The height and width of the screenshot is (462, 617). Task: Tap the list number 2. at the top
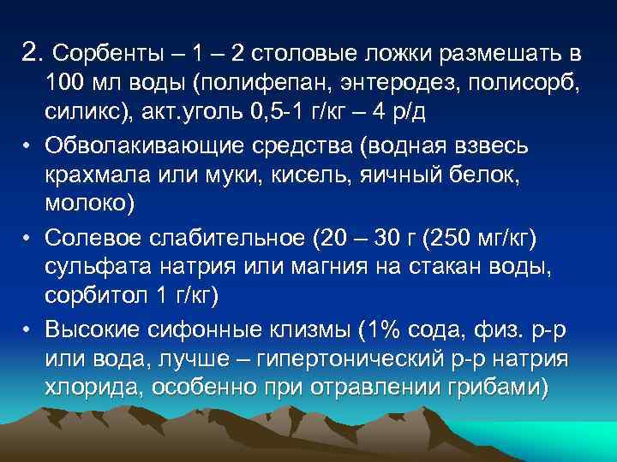(x=32, y=55)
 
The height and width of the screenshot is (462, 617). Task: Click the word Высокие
(x=93, y=329)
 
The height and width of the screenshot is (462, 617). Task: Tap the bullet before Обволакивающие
(x=27, y=147)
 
